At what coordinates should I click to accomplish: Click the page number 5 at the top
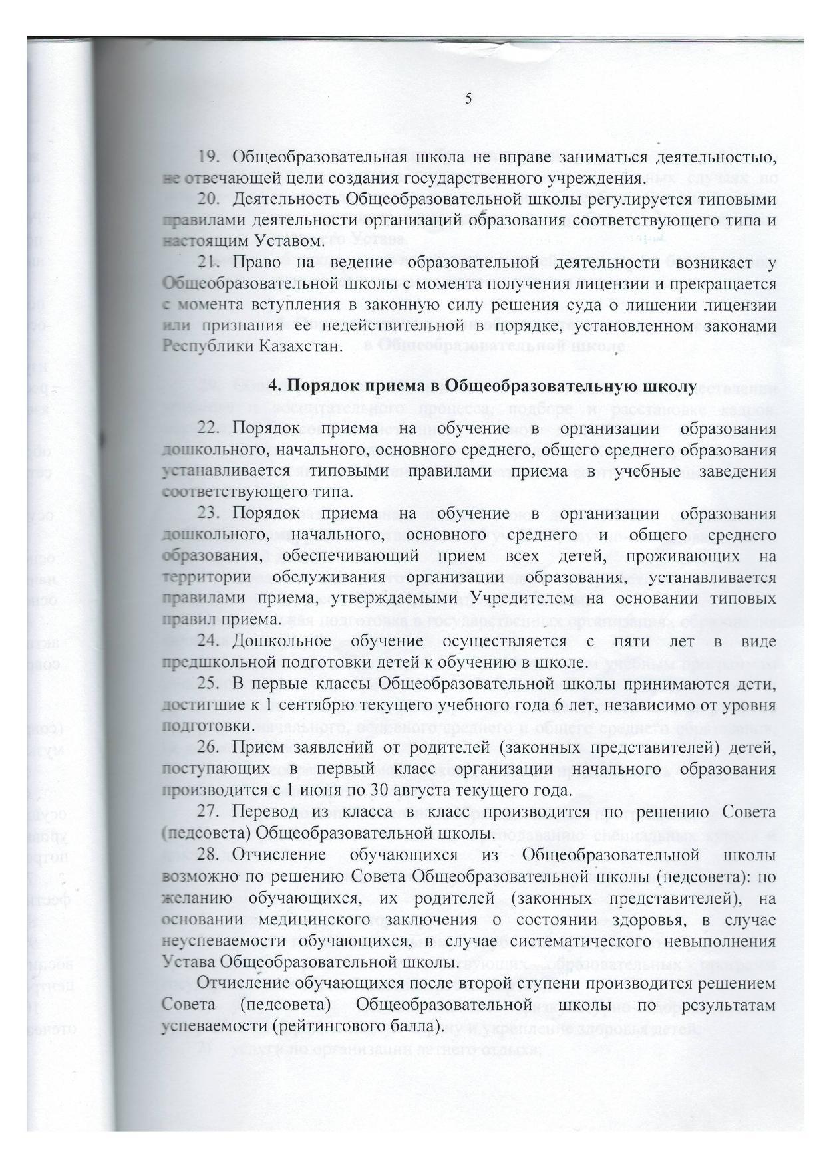pyautogui.click(x=468, y=98)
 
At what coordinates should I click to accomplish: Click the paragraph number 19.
pyautogui.click(x=208, y=158)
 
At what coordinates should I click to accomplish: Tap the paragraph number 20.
pyautogui.click(x=208, y=199)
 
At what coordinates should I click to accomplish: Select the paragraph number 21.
pyautogui.click(x=208, y=263)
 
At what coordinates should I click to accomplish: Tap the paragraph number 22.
pyautogui.click(x=208, y=428)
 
